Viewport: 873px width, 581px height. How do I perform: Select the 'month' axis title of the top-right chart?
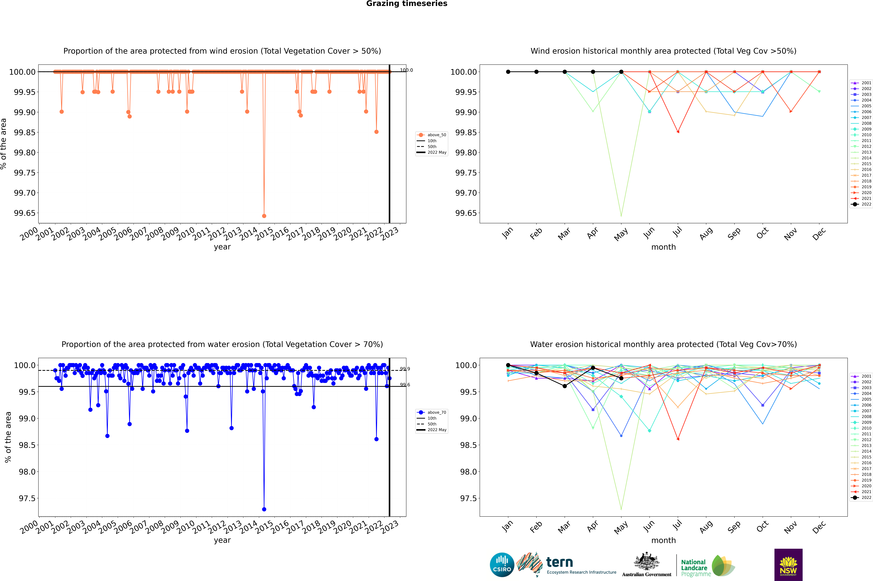coord(663,247)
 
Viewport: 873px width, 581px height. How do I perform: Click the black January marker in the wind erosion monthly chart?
coord(508,72)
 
